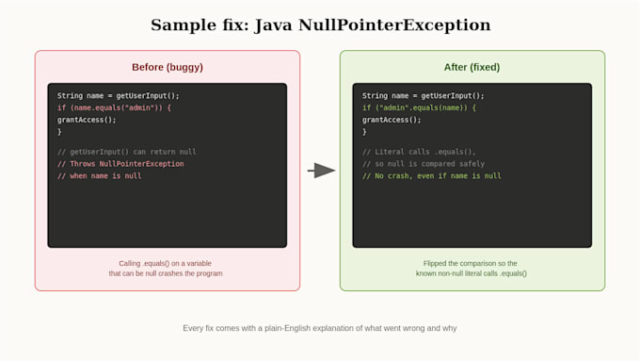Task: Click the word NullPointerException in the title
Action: pos(394,25)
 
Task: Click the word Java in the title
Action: pos(274,25)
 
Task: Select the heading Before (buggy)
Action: pos(168,67)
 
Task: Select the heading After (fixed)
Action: pos(472,67)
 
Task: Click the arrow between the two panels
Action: pos(322,171)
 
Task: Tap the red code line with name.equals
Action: pos(114,108)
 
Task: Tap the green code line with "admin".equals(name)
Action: pos(419,108)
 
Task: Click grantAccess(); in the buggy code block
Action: pos(87,120)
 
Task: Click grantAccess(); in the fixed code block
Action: pos(392,120)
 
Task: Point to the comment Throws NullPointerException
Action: pos(120,164)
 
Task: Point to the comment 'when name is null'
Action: pos(99,176)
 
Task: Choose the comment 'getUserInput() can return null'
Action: pos(126,152)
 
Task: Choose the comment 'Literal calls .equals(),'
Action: pos(419,152)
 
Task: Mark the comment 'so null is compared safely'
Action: pos(424,164)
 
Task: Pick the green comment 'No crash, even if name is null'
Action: pos(431,176)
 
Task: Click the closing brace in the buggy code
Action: pos(59,132)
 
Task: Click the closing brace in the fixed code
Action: pos(364,132)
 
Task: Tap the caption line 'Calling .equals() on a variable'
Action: pos(166,263)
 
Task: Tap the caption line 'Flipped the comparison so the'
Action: pos(471,263)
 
